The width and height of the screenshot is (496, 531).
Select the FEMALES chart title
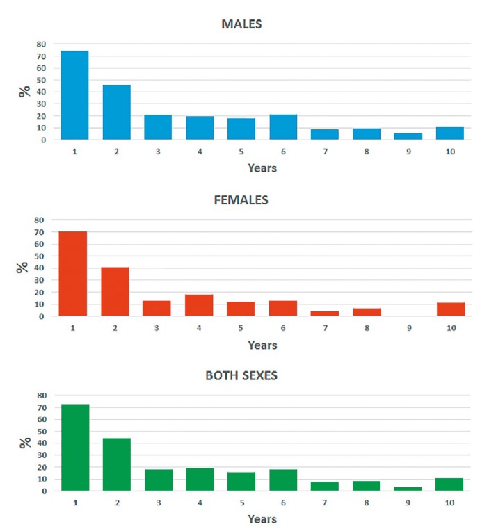(241, 200)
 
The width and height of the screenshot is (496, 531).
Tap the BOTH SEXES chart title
(241, 376)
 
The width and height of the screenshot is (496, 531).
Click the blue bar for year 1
(74, 95)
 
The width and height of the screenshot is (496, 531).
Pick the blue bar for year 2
(116, 112)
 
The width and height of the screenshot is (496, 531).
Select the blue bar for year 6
(283, 127)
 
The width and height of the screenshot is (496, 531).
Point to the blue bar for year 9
(408, 136)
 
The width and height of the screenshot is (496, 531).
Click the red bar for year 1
(74, 273)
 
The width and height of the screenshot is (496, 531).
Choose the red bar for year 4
(199, 304)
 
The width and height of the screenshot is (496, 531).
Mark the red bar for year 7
(325, 313)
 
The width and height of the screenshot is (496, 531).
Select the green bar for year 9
(408, 488)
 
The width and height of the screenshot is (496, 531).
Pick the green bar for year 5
(241, 481)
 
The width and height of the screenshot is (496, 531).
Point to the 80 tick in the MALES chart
(42, 44)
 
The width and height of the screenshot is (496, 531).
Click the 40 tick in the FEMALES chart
(42, 268)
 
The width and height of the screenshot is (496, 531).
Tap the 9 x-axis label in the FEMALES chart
(409, 327)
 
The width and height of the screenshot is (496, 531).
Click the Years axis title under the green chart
(262, 519)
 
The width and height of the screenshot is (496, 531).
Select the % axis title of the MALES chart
(24, 92)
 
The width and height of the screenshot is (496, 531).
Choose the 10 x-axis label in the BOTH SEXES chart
(450, 502)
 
